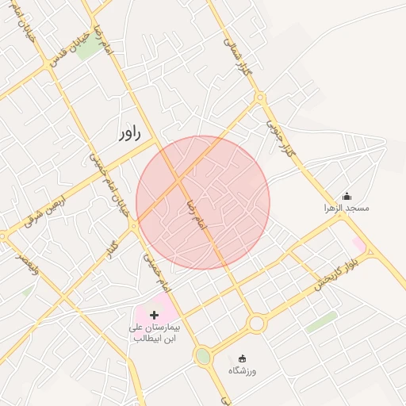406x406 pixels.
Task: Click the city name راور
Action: [128, 133]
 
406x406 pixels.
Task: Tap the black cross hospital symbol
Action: [154, 315]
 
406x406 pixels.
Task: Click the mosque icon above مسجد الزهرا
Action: [346, 196]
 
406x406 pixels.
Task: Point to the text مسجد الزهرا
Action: [347, 208]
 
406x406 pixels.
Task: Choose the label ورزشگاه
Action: [243, 371]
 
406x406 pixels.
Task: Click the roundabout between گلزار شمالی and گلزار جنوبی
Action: [259, 98]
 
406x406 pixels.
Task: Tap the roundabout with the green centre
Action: [204, 356]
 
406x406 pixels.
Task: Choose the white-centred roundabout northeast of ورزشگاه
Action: [255, 323]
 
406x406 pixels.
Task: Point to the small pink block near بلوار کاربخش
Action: [359, 244]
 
